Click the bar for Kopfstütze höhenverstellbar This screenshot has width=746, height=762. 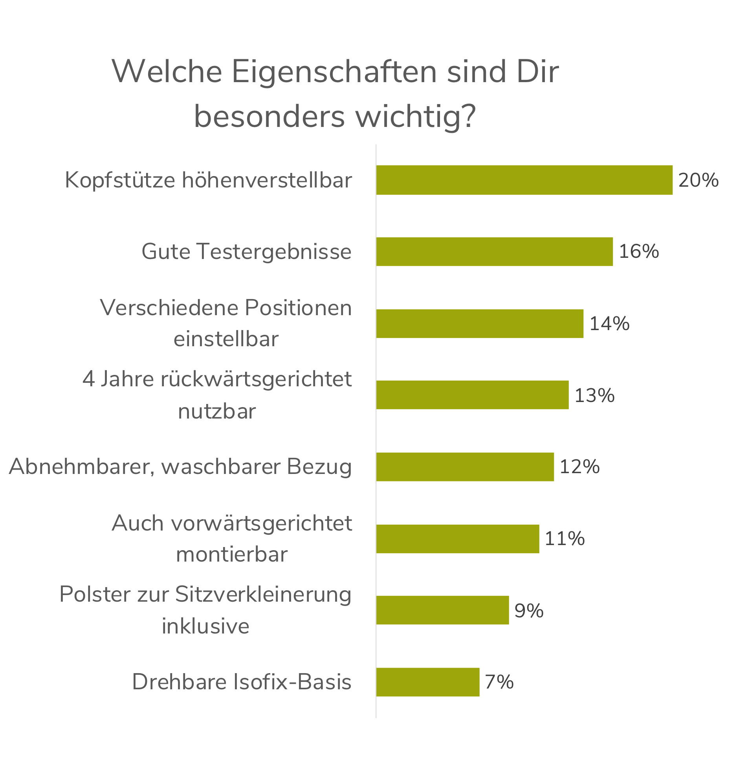[524, 180]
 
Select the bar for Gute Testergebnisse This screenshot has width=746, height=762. [495, 252]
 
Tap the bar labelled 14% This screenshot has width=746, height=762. [480, 323]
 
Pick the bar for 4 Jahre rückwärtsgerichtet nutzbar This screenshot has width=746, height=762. [472, 395]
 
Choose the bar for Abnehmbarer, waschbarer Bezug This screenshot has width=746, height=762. [465, 466]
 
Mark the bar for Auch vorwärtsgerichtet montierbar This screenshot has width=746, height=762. [458, 538]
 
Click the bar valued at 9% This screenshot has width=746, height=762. [443, 610]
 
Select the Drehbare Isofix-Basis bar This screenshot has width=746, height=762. [428, 682]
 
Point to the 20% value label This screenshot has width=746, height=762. [698, 180]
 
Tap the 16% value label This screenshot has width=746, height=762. [639, 252]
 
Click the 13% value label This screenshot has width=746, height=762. [594, 395]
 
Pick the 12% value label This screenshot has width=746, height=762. [579, 467]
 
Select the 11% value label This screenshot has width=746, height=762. [565, 538]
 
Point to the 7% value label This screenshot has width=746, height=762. [499, 682]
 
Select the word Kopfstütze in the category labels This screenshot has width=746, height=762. [120, 180]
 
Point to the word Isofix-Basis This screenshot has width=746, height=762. [293, 682]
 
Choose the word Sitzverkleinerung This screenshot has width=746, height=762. [263, 594]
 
